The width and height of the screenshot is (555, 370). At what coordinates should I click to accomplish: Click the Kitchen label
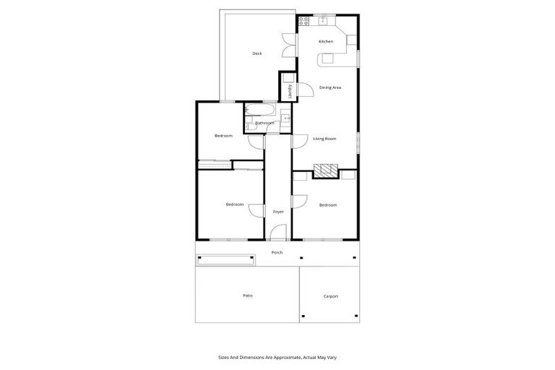click(326, 41)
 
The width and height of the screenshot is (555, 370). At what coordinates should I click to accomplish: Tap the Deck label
click(257, 53)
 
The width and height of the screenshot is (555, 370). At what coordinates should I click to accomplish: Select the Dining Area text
click(330, 87)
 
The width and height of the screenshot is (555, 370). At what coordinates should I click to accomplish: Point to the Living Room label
click(324, 138)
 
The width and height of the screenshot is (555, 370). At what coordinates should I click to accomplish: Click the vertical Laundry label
click(290, 90)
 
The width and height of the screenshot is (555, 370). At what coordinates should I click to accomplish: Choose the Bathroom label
click(264, 123)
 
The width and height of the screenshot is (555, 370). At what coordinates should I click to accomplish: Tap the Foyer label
click(278, 212)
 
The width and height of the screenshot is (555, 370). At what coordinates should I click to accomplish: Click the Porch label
click(277, 252)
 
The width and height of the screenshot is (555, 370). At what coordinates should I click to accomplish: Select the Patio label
click(247, 295)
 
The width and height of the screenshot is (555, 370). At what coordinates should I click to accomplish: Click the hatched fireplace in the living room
click(326, 171)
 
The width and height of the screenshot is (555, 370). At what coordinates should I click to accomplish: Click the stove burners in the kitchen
click(304, 22)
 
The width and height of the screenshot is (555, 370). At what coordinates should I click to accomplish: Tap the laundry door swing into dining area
click(305, 89)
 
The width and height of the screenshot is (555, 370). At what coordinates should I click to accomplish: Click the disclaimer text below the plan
click(277, 357)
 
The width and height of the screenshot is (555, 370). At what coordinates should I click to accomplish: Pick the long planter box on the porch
click(226, 258)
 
